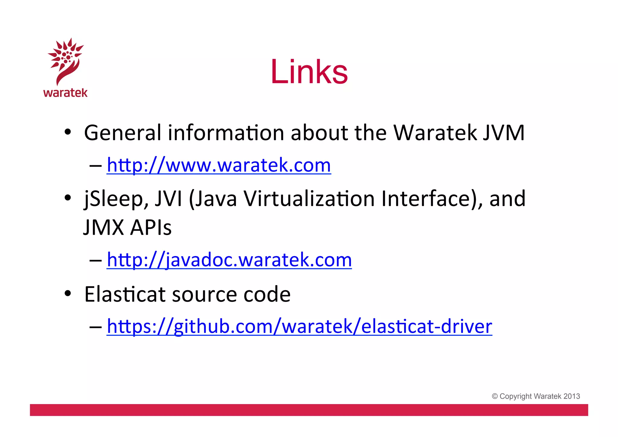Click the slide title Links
pyautogui.click(x=309, y=72)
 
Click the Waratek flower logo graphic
pyautogui.click(x=65, y=60)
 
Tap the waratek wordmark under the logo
pyautogui.click(x=65, y=93)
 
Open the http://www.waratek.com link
pyautogui.click(x=219, y=165)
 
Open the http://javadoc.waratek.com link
pyautogui.click(x=229, y=260)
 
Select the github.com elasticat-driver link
pyautogui.click(x=299, y=326)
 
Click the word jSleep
pyautogui.click(x=116, y=199)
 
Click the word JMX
pyautogui.click(x=104, y=227)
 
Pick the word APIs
pyautogui.click(x=151, y=227)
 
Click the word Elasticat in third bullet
pyautogui.click(x=125, y=294)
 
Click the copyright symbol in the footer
pyautogui.click(x=495, y=396)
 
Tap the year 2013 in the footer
pyautogui.click(x=572, y=396)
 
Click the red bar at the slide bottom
pyautogui.click(x=309, y=410)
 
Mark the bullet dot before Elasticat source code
pyautogui.click(x=68, y=293)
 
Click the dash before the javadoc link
pyautogui.click(x=95, y=260)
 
